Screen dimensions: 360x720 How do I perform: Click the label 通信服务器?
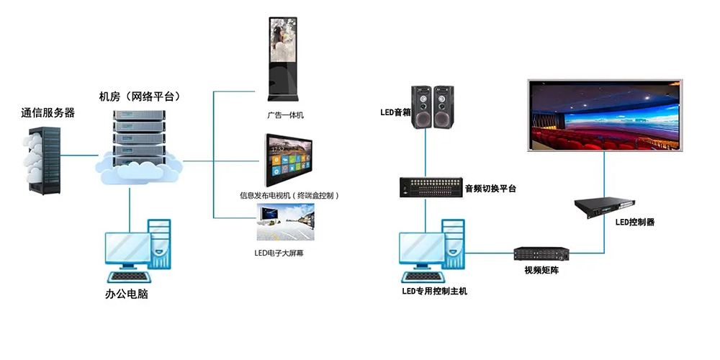(x=48, y=113)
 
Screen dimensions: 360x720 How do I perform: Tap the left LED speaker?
(x=421, y=107)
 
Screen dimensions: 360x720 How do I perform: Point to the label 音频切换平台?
(x=490, y=189)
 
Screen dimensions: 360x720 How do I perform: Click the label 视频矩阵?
(x=542, y=271)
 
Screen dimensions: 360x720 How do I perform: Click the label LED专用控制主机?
(x=434, y=292)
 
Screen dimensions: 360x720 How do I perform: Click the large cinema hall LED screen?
(x=605, y=116)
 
